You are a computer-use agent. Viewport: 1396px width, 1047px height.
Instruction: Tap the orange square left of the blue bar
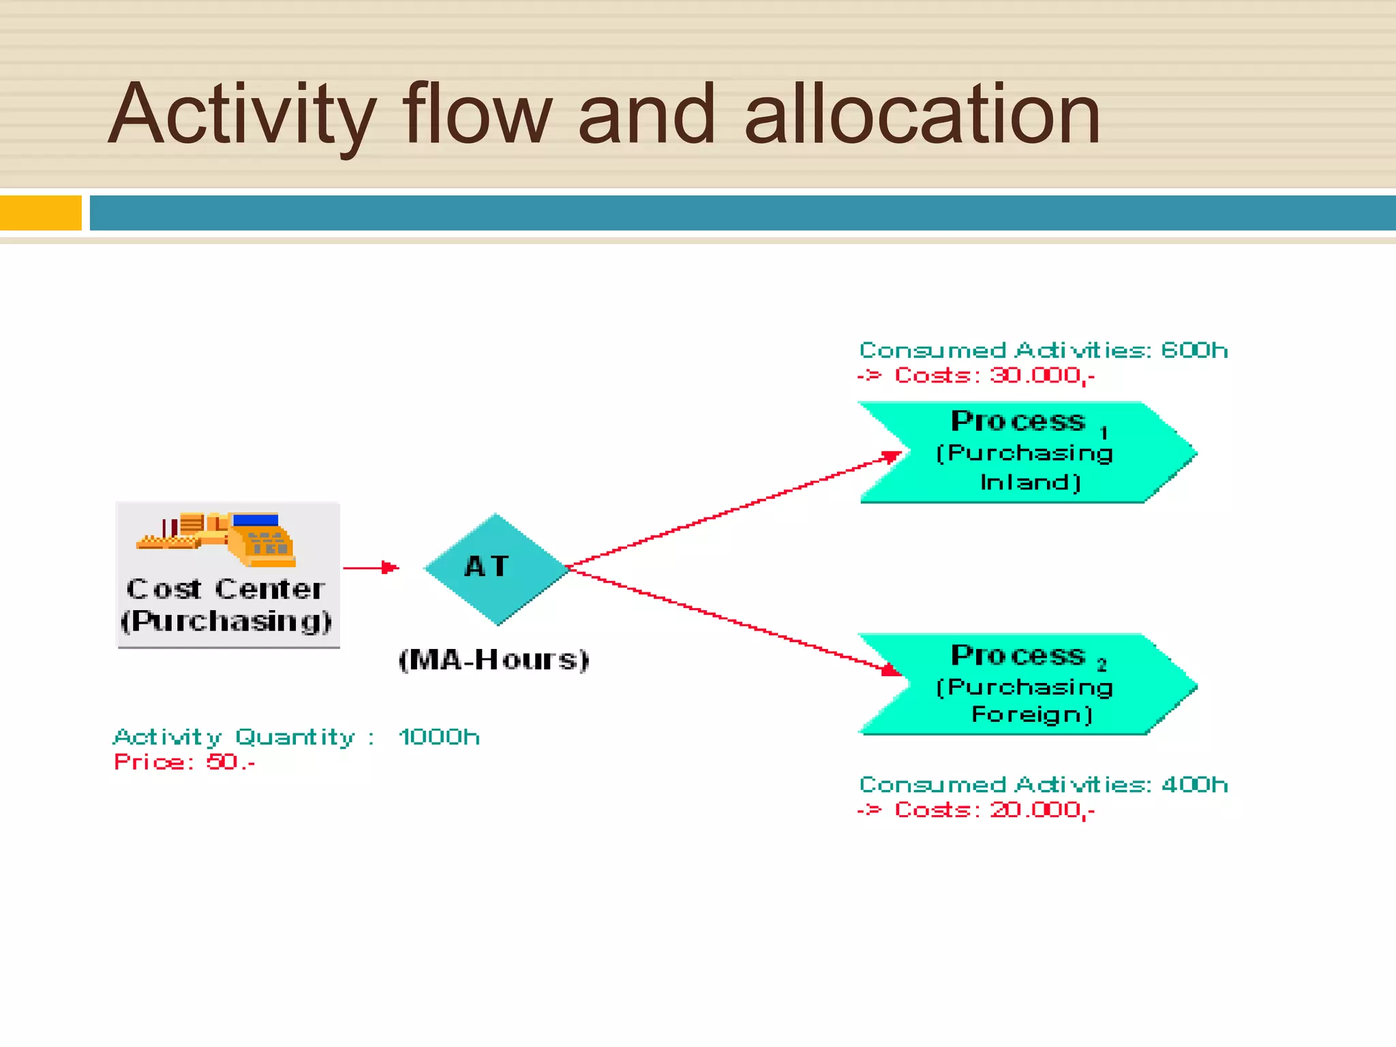tap(40, 213)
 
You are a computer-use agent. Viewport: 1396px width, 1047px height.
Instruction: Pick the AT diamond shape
tap(496, 568)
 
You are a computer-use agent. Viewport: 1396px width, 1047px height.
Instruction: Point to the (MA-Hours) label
tap(494, 660)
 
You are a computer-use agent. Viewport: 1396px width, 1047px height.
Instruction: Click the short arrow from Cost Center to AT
tap(370, 567)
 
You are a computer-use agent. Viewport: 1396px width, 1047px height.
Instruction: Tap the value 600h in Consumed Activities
tap(1194, 350)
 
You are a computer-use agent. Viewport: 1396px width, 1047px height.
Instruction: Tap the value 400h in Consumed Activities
tap(1194, 785)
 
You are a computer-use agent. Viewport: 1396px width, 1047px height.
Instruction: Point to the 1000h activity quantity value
tap(440, 737)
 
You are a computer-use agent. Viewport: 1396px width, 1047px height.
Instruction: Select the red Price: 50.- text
tap(184, 762)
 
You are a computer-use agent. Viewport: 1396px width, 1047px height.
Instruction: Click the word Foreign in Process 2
tap(1031, 714)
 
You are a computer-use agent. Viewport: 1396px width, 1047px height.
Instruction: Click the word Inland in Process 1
tap(1030, 483)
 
